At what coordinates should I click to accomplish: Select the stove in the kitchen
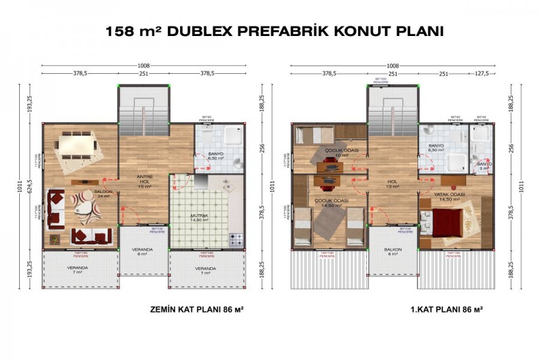236,241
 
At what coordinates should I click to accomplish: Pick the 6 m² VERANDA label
142,251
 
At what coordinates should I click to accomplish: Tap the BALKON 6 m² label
393,251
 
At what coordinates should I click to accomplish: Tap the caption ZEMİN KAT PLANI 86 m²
196,310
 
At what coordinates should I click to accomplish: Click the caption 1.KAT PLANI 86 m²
439,310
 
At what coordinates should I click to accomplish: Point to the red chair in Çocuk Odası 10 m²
329,161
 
